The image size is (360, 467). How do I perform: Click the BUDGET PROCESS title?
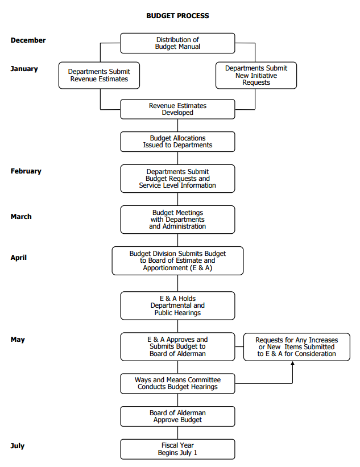(177, 16)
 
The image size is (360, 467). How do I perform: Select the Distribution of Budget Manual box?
(177, 43)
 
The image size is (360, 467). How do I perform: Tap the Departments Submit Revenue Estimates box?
(99, 75)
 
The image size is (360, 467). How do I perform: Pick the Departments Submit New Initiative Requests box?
(256, 75)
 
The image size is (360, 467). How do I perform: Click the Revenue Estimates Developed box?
(177, 109)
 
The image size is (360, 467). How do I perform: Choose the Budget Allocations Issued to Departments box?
(177, 142)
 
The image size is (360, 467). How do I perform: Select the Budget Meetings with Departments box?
(177, 220)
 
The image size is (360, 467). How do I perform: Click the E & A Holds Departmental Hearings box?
(177, 305)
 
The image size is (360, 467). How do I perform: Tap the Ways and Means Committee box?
(177, 383)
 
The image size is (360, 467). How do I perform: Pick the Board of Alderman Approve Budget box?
(177, 416)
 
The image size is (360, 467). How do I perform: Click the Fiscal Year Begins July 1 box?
(177, 449)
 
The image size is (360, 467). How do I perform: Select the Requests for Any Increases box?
(296, 347)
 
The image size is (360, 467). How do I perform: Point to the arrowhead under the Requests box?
(292, 363)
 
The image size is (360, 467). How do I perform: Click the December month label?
(28, 40)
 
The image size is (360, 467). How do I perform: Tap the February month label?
(26, 171)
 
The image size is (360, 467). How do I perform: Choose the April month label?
(18, 258)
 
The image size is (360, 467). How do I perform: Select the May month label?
(18, 340)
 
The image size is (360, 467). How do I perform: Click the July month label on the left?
(17, 446)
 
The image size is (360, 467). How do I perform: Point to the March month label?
(21, 217)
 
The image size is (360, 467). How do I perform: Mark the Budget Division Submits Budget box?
(177, 261)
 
